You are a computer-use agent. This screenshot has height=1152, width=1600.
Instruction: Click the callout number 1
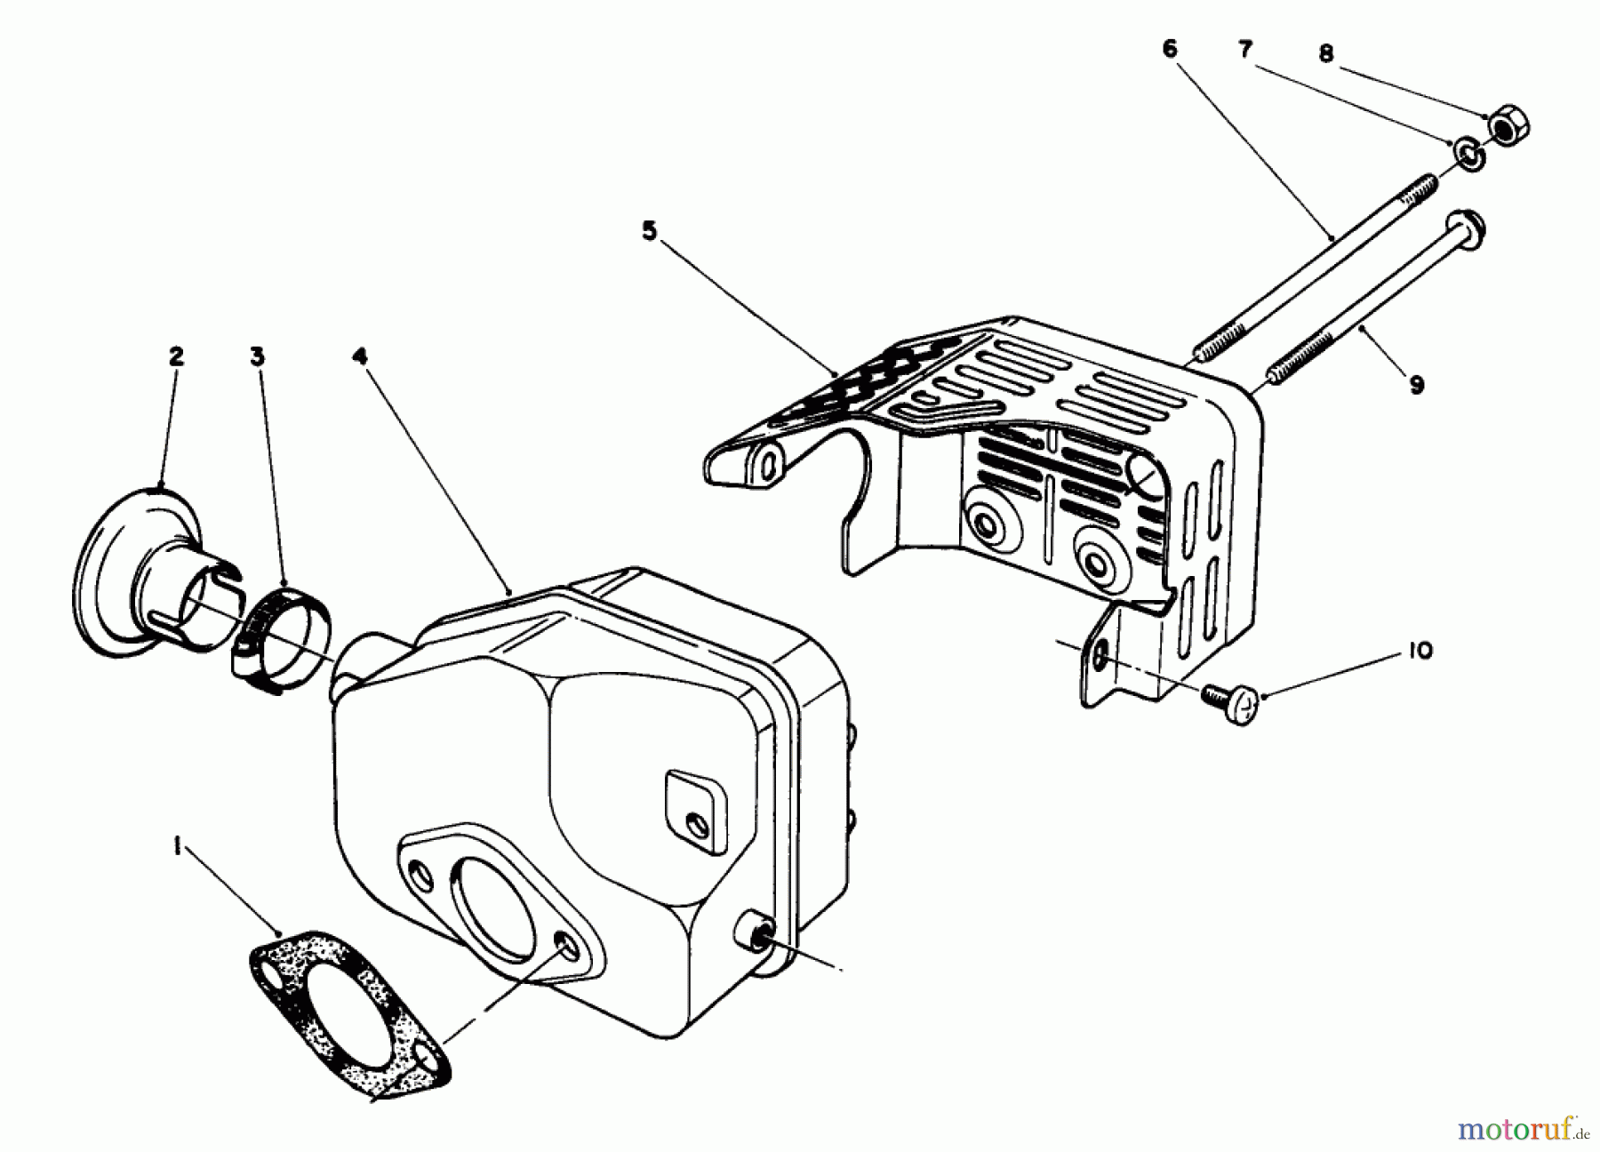pos(178,850)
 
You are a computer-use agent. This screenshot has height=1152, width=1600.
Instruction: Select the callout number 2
pos(175,356)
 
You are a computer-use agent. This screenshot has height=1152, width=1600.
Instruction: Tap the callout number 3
pos(257,356)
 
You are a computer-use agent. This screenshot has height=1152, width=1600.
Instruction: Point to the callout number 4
pos(358,356)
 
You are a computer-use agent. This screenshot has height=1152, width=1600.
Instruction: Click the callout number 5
pos(649,232)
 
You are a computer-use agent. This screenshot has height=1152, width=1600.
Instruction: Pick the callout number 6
pos(1170,50)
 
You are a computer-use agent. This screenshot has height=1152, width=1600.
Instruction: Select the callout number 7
pos(1245,50)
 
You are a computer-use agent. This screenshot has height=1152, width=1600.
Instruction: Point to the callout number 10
pos(1420,652)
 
